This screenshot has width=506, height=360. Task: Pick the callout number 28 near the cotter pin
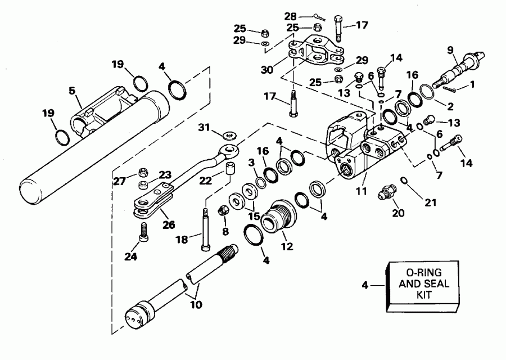(x=290, y=16)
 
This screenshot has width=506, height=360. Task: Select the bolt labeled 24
(x=145, y=230)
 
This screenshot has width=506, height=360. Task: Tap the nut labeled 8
(x=222, y=212)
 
